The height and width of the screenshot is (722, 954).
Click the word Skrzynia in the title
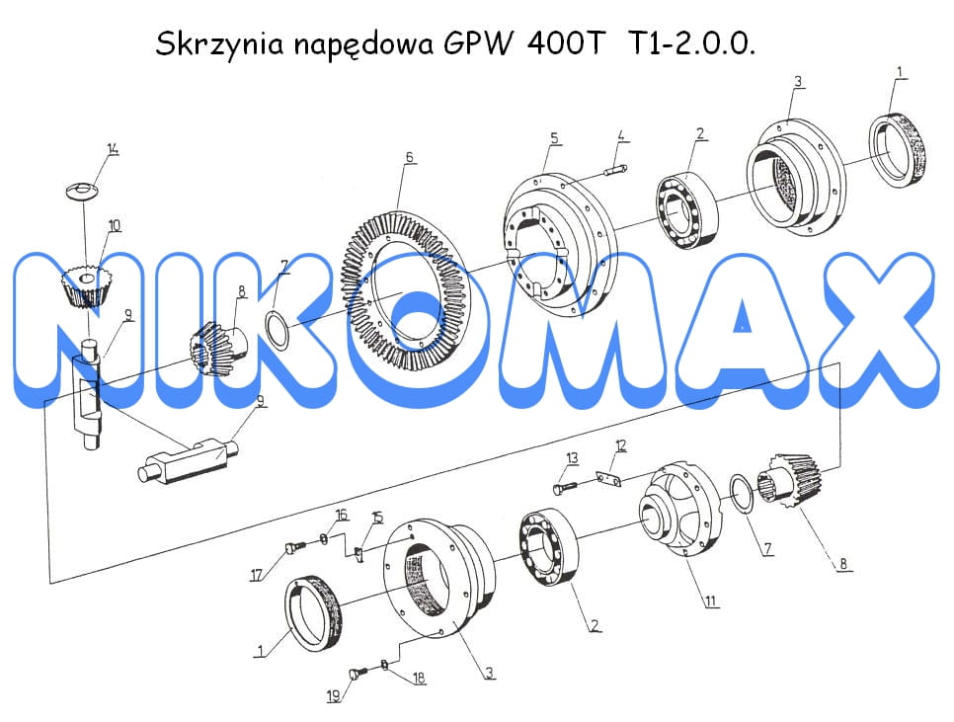coord(219,44)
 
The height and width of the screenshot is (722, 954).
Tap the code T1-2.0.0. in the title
coord(689,43)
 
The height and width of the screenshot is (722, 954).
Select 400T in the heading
coord(567,43)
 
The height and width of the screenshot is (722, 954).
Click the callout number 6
coord(410,157)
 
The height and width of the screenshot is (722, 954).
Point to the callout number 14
coord(113,148)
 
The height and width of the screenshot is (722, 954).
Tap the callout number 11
coord(711,602)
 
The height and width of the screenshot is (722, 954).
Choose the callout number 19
coord(334,696)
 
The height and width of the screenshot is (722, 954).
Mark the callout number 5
coord(554,138)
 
